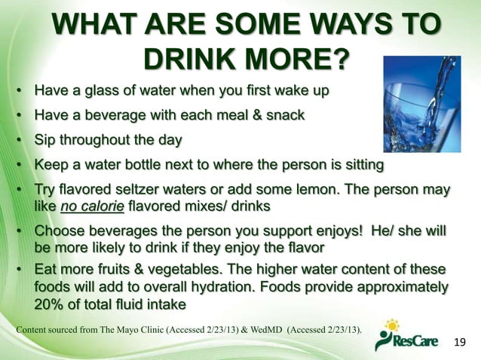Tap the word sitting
[358, 164]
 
